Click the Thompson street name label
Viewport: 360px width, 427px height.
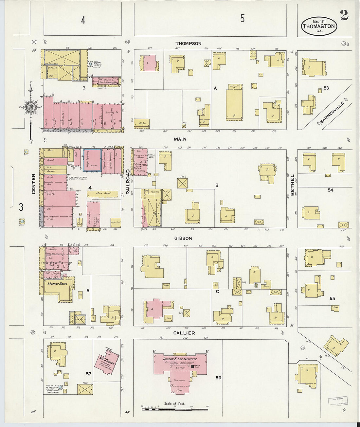188,44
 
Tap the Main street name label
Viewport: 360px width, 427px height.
180,139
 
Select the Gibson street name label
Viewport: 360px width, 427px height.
183,238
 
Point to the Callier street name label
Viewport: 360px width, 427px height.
184,333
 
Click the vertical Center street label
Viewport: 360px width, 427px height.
33,184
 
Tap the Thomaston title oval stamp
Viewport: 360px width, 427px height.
319,26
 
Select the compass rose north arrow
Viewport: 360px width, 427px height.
31,108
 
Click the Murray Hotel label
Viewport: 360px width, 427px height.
58,284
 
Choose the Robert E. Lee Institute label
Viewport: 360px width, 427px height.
180,359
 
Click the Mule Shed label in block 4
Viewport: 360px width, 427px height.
103,193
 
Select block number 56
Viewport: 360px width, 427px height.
218,378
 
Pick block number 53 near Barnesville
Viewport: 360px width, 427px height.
326,88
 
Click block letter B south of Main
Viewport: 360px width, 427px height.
217,185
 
